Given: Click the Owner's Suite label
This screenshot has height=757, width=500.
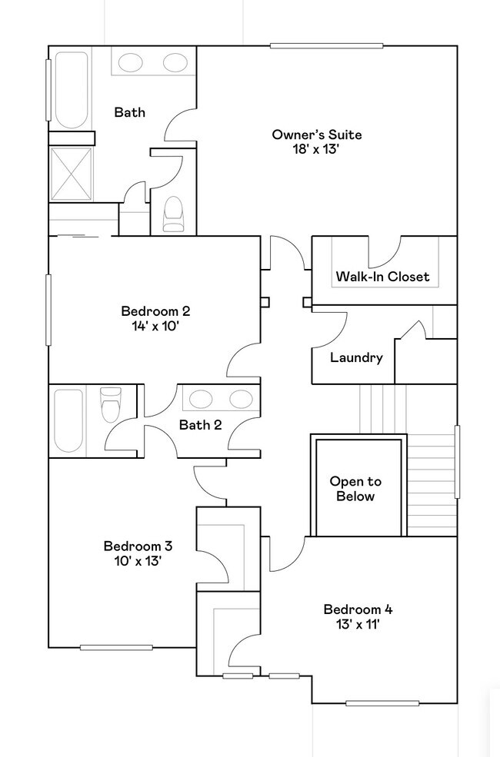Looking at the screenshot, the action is (x=316, y=134).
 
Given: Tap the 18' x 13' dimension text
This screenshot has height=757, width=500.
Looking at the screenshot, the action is (x=316, y=149).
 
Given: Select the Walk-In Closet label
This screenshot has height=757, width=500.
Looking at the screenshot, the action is (x=382, y=277).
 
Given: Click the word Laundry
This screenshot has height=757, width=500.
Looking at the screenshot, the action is (x=356, y=357).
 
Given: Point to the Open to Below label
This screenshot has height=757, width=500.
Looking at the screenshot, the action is (x=355, y=489).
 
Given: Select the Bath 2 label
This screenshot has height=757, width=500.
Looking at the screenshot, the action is (x=201, y=425).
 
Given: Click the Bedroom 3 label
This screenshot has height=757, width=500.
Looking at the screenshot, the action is (x=138, y=546).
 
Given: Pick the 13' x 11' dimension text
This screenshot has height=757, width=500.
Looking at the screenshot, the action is (x=358, y=624).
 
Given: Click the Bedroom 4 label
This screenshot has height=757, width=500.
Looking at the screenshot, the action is (x=358, y=609).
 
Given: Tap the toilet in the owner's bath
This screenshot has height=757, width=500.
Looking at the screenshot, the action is (x=173, y=214).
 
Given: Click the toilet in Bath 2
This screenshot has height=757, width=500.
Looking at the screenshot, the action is (x=111, y=404).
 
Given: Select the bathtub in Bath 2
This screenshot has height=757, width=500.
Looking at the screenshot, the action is (x=68, y=420).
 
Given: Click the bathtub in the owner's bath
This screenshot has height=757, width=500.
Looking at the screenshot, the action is (x=72, y=90).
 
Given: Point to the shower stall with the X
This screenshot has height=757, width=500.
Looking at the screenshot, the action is (x=71, y=174).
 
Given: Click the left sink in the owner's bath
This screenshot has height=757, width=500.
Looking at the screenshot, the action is (x=131, y=61).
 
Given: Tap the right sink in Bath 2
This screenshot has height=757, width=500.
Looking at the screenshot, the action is (x=241, y=399).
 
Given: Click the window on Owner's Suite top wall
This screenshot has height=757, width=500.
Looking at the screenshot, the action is (x=327, y=46).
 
